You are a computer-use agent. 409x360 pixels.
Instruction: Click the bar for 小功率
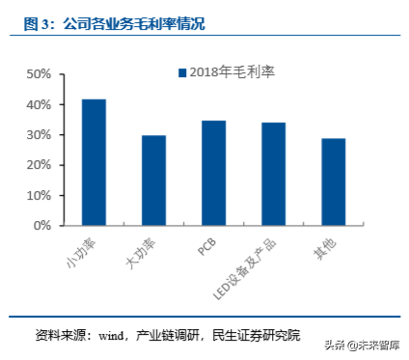(94, 162)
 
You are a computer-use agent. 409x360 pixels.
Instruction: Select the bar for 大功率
(153, 180)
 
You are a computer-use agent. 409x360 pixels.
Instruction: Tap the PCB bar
(213, 173)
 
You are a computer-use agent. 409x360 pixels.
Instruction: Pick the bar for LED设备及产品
(273, 174)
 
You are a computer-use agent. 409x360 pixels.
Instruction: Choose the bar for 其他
(333, 181)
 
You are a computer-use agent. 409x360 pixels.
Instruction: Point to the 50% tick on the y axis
(39, 74)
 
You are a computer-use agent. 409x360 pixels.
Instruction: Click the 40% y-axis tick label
(39, 104)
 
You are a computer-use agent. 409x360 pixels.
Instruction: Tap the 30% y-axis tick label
(39, 135)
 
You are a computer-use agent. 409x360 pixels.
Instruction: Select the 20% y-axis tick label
(39, 165)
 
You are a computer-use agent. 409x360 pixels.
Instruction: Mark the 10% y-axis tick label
(39, 195)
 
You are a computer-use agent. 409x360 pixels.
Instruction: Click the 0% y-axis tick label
(41, 226)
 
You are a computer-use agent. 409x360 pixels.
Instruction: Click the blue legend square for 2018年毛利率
(180, 72)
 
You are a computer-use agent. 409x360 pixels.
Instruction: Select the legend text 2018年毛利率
(232, 72)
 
